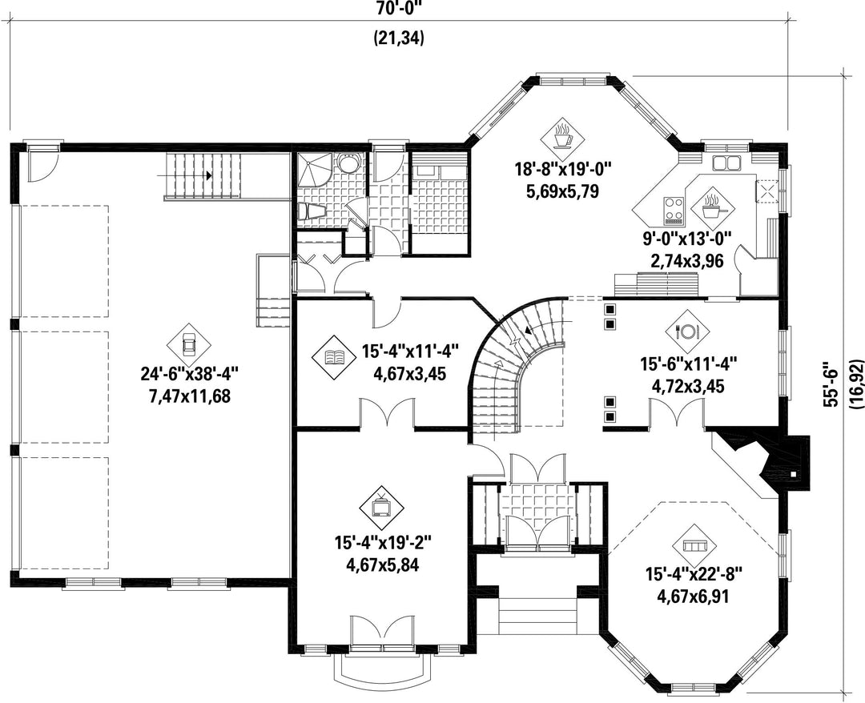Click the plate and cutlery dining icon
pyautogui.click(x=687, y=331)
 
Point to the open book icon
pyautogui.click(x=334, y=357)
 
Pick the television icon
pyautogui.click(x=381, y=507)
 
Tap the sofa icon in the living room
pyautogui.click(x=694, y=545)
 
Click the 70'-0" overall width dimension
pyautogui.click(x=398, y=8)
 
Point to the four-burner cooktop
pyautogui.click(x=673, y=210)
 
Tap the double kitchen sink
pyautogui.click(x=726, y=163)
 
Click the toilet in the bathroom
pyautogui.click(x=311, y=211)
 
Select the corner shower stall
pyautogui.click(x=314, y=171)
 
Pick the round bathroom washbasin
pyautogui.click(x=348, y=164)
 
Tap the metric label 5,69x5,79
pyautogui.click(x=563, y=192)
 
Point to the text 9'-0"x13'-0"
pyautogui.click(x=687, y=239)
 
